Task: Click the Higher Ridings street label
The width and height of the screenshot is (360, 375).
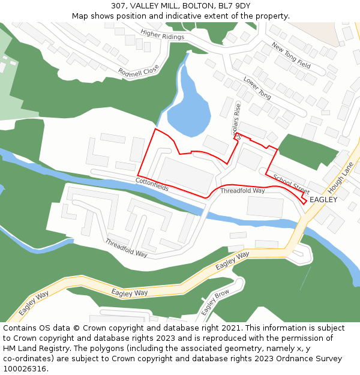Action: click(x=162, y=35)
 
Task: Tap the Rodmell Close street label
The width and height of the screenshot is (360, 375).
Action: click(x=139, y=71)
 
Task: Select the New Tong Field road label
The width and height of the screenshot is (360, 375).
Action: click(x=291, y=55)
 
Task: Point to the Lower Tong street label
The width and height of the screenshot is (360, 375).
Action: click(x=257, y=88)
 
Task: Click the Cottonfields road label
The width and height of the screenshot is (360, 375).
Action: click(x=152, y=184)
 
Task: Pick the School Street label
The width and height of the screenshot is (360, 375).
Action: click(x=292, y=184)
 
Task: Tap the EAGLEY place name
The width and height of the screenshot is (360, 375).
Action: click(x=323, y=199)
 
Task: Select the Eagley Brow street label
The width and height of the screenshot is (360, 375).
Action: click(x=215, y=303)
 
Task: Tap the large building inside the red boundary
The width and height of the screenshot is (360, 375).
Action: click(x=186, y=175)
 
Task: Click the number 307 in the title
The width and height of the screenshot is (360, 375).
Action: click(x=118, y=6)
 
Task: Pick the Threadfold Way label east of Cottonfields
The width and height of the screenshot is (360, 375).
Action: click(x=242, y=191)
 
